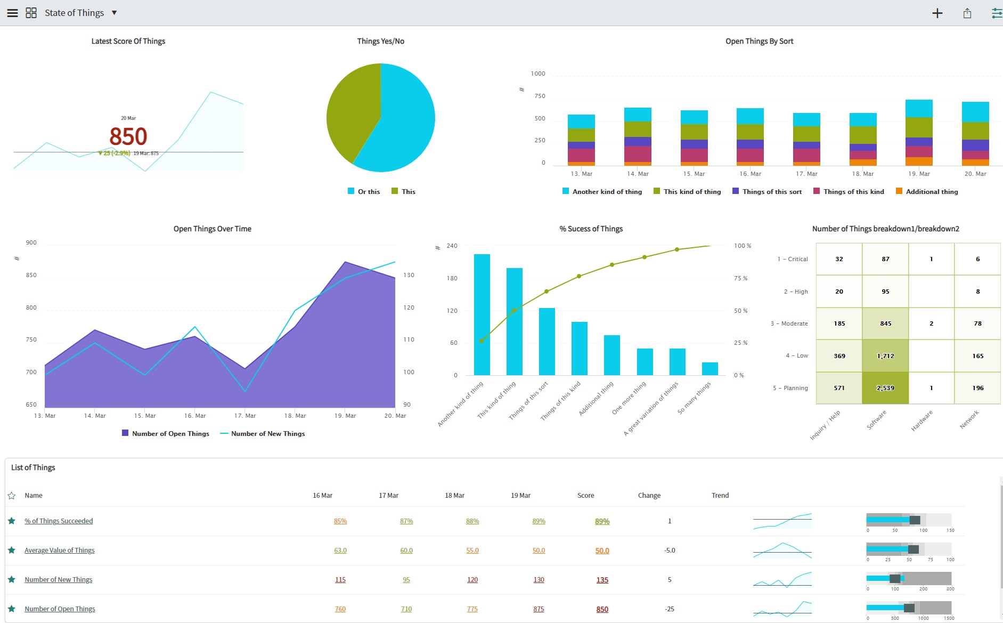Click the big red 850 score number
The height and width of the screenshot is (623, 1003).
128,136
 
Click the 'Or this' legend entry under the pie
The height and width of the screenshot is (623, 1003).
364,192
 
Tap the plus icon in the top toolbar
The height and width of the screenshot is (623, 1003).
937,13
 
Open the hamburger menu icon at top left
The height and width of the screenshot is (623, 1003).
12,13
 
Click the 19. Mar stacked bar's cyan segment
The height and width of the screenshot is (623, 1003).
919,108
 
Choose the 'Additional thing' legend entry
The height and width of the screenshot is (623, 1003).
927,192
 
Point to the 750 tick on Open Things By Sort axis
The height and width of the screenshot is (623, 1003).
540,96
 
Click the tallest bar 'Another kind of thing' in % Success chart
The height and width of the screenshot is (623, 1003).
482,314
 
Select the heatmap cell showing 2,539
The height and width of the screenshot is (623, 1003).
885,388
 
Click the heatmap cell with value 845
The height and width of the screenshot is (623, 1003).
885,323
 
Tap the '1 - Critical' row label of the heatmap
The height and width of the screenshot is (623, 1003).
793,259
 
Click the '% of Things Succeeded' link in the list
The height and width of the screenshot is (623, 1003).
59,521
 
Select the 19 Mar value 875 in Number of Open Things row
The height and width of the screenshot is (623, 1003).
539,609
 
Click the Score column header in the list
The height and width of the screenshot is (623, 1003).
585,496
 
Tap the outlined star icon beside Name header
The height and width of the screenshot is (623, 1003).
12,496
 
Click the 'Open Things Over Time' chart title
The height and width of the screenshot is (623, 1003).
212,229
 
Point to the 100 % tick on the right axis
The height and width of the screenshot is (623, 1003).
742,246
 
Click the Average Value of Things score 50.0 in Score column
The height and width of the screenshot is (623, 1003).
602,551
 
